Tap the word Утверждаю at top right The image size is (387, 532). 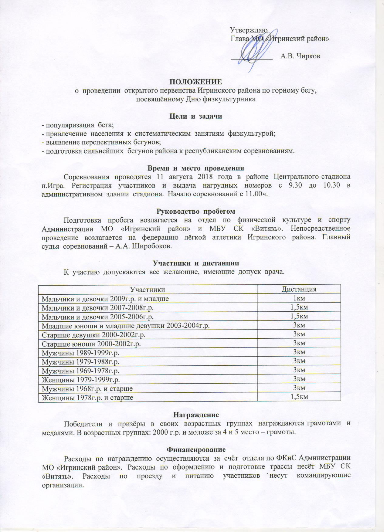pos(249,30)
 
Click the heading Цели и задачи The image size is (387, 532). pos(195,116)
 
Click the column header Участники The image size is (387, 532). pos(148,289)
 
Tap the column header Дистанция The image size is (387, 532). pos(299,289)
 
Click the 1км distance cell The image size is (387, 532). pos(299,299)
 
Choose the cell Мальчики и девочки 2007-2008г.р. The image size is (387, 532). pos(98,308)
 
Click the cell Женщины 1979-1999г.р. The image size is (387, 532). pos(81,379)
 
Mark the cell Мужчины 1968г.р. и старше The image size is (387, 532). pos(87,388)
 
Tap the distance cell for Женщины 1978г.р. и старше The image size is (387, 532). pos(299,397)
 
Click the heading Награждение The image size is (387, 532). pos(196,415)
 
